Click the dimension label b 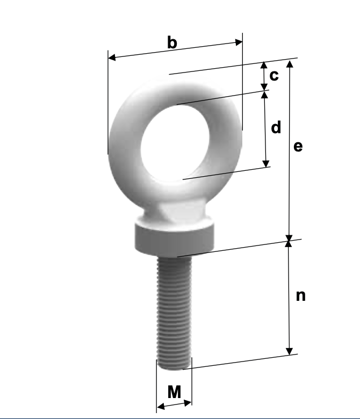point(172,42)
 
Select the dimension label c point(274,76)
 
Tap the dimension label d point(276,128)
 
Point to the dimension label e point(298,146)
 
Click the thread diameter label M point(174,392)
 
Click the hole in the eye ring point(174,140)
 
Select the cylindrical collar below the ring point(175,237)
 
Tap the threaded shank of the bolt point(174,312)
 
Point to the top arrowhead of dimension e point(290,63)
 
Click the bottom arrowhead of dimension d point(265,163)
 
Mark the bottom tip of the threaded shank point(174,369)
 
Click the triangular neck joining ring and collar point(175,213)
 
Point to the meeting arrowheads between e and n point(289,240)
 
